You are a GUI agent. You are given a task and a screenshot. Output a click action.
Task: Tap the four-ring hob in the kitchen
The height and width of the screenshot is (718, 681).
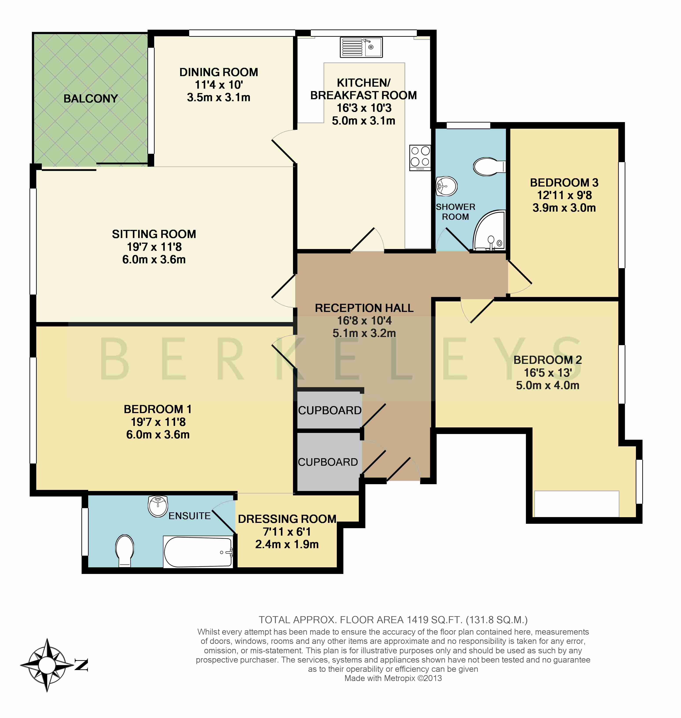(420, 157)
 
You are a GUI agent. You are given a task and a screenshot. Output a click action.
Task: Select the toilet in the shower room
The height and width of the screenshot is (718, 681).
(488, 167)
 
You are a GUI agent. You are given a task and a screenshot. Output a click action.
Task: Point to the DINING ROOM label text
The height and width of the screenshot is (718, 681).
(218, 72)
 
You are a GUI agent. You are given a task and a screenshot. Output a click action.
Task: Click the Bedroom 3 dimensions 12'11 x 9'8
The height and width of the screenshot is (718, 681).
(564, 195)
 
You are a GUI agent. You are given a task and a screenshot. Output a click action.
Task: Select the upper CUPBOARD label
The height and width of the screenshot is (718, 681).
(330, 410)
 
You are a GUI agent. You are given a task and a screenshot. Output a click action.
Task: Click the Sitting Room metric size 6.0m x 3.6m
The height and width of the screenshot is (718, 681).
(154, 260)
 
